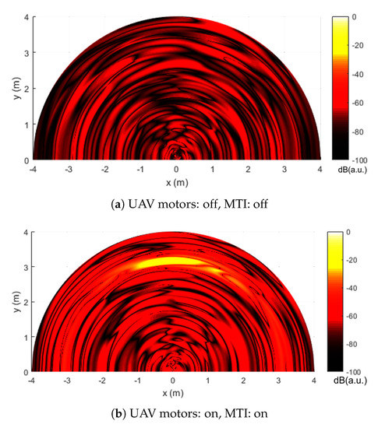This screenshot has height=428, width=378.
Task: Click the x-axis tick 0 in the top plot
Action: click(x=176, y=168)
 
